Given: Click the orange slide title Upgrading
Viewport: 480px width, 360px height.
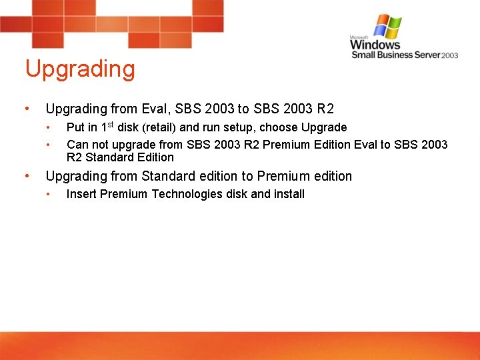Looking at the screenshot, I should coord(80,69).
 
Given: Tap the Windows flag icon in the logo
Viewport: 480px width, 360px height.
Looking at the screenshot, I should coord(388,26).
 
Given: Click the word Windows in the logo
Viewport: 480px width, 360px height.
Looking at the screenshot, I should coord(375,45).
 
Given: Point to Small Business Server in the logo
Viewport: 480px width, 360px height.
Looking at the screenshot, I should coord(396,55).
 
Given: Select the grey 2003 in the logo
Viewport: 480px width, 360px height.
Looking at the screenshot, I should coord(450,55).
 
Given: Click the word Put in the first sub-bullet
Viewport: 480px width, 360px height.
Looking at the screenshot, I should coord(75,127).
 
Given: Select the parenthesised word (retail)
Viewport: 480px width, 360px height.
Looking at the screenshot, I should coord(160,127).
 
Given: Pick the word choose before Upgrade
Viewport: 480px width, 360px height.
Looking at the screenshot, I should coord(279,127).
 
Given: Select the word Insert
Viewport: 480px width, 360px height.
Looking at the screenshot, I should coord(81,194).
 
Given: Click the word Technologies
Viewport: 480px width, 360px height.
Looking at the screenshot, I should coord(187,194).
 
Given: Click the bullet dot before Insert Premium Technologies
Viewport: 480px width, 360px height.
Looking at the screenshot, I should coord(48,194).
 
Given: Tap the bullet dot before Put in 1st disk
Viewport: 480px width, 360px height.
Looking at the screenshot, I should coord(48,127).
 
